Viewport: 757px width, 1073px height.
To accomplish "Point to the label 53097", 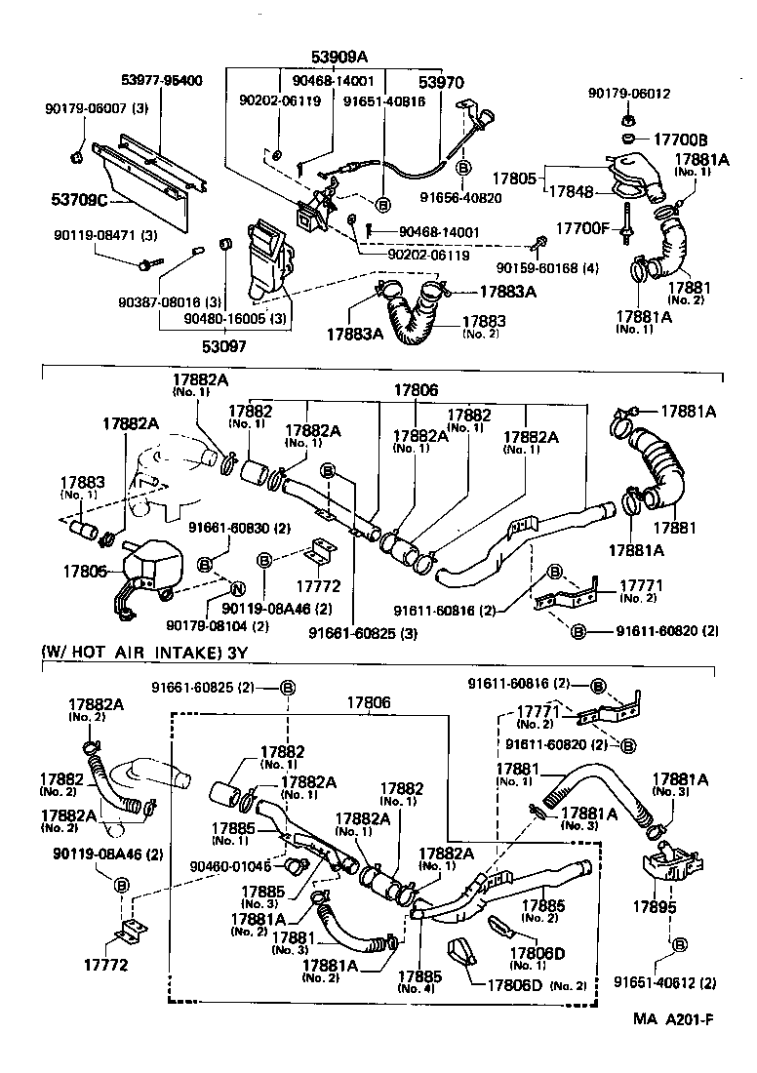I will click(225, 345).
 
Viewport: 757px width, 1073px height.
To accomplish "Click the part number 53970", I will click(441, 85).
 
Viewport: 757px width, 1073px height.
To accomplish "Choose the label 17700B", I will click(680, 139).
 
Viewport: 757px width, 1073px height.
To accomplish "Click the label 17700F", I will click(583, 228).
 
